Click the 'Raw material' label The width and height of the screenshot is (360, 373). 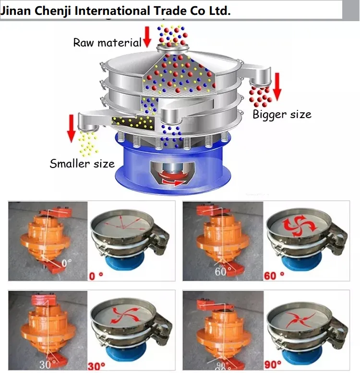coord(107,42)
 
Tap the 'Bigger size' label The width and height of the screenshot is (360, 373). coord(282,114)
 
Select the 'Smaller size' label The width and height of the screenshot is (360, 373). coord(82,163)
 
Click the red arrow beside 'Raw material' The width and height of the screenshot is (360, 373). coord(147,37)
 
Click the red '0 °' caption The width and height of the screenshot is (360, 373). coord(99,276)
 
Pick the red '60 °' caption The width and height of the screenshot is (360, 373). coord(274,276)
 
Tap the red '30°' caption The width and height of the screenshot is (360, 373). coord(96,365)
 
